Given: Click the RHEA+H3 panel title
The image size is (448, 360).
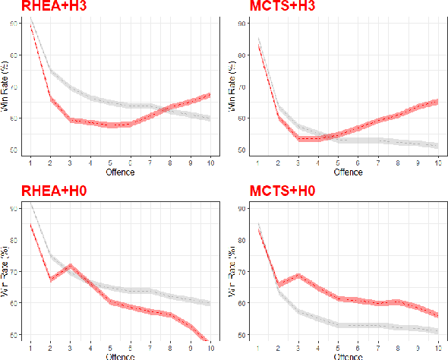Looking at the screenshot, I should pyautogui.click(x=38, y=6).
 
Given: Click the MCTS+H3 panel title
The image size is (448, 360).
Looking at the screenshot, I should pyautogui.click(x=283, y=6).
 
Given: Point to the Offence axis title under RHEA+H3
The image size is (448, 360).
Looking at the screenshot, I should pyautogui.click(x=120, y=172).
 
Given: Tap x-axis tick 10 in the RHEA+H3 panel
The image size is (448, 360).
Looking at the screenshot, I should pyautogui.click(x=210, y=163).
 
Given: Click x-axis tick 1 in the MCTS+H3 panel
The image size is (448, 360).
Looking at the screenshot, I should pyautogui.click(x=259, y=163).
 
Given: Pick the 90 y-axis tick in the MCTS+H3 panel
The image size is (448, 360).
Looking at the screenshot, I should pyautogui.click(x=241, y=24).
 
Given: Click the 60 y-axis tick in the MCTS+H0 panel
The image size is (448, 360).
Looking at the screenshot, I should pyautogui.click(x=241, y=303).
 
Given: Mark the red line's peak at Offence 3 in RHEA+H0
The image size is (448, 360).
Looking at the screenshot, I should pyautogui.click(x=71, y=265).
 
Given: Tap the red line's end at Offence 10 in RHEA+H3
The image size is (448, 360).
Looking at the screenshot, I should pyautogui.click(x=210, y=95).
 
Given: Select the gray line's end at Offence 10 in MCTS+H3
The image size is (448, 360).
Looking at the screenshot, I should pyautogui.click(x=437, y=145).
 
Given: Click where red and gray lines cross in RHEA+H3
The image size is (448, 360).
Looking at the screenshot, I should pyautogui.click(x=159, y=111).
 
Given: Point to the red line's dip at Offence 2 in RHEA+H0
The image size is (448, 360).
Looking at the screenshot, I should pyautogui.click(x=51, y=279).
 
